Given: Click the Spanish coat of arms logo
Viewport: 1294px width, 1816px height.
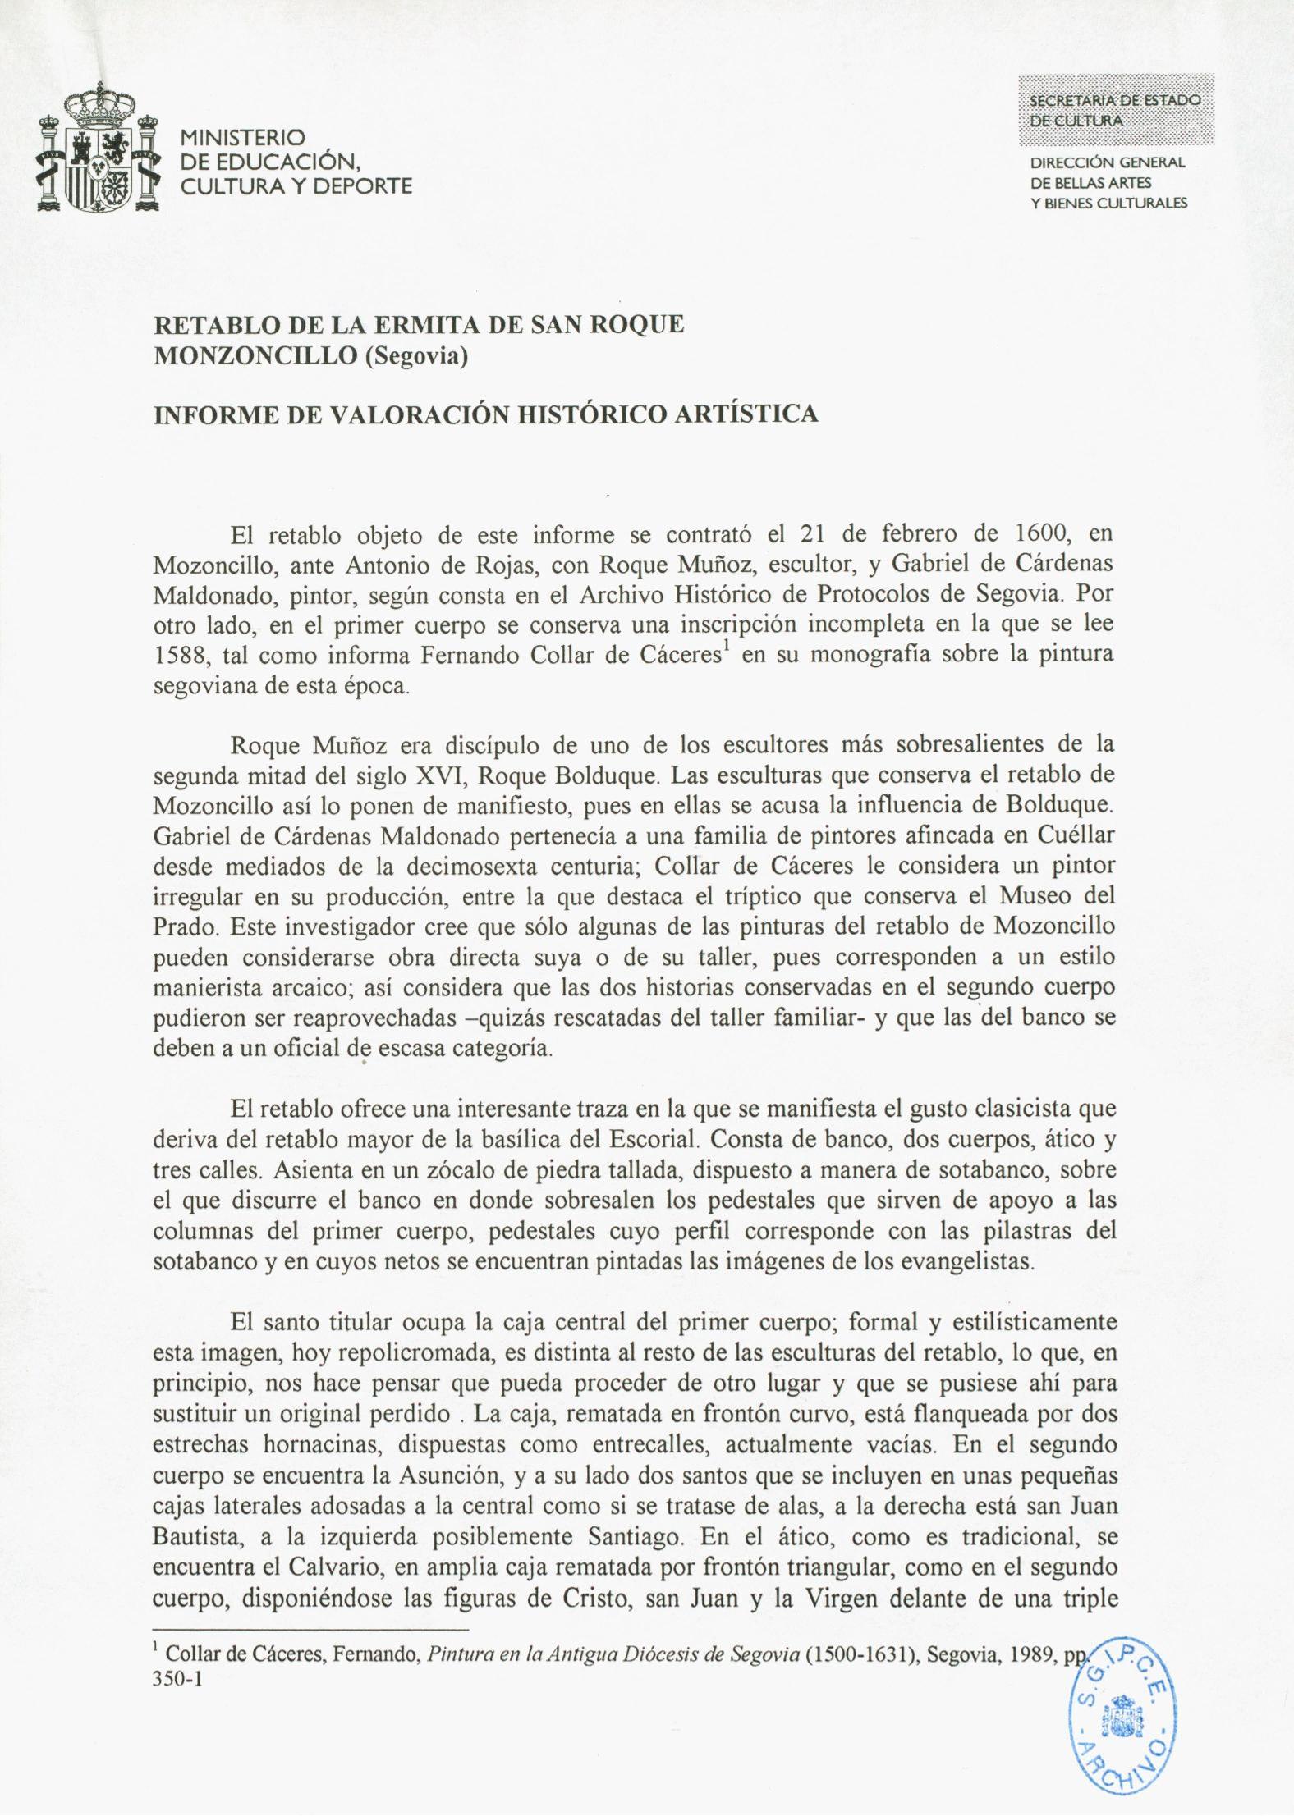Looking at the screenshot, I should (x=99, y=153).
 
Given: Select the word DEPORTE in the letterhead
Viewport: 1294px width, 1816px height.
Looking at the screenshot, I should (x=362, y=186).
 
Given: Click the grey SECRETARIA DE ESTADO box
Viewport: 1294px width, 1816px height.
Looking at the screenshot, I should (x=1115, y=109).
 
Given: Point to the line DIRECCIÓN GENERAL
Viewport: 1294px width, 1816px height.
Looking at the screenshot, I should (x=1108, y=162).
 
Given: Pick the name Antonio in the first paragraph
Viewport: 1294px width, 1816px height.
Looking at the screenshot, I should (x=385, y=565).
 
